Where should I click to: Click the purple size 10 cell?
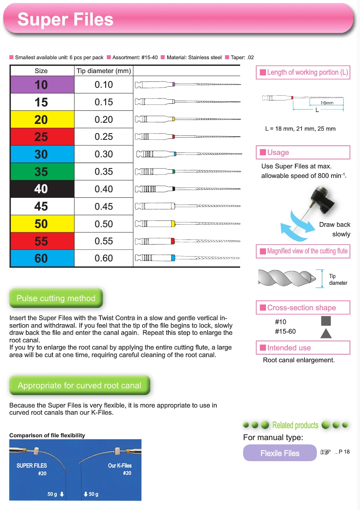point(42,85)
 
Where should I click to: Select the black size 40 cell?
point(42,189)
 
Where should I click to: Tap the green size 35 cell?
point(42,172)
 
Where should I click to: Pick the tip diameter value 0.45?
point(104,207)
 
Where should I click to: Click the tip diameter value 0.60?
point(104,258)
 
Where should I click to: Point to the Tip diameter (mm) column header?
point(104,71)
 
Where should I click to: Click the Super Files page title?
point(65,20)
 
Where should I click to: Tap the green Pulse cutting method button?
point(56,298)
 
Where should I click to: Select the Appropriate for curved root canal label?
point(79,385)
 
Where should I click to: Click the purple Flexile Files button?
point(280,453)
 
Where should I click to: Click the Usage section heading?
point(278,153)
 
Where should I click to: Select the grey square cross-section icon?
point(326,321)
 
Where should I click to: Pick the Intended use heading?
point(289,348)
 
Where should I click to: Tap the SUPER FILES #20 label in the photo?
point(32,469)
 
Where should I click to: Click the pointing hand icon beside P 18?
point(325,452)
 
